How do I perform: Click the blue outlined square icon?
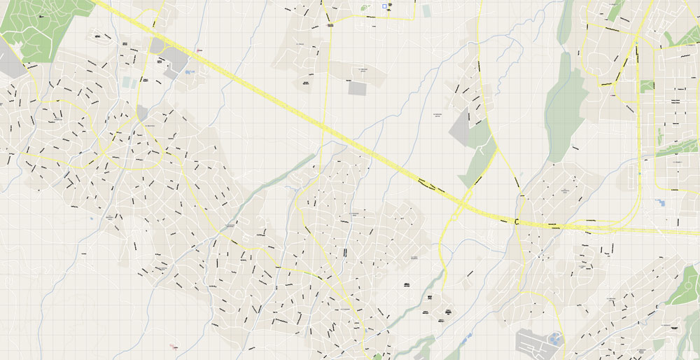click(x=384, y=6)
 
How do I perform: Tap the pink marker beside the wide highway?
click(x=199, y=50)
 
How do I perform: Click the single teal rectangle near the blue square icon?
click(x=426, y=11)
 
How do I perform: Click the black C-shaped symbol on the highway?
click(x=517, y=222)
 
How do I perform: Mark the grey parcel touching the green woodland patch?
click(x=462, y=130)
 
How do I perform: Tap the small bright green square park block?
click(x=647, y=86)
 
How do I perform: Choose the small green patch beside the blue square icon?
click(x=364, y=8)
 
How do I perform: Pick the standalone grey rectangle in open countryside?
click(x=357, y=88)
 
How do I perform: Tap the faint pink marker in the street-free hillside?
click(x=172, y=345)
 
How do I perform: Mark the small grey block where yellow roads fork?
click(x=142, y=112)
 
